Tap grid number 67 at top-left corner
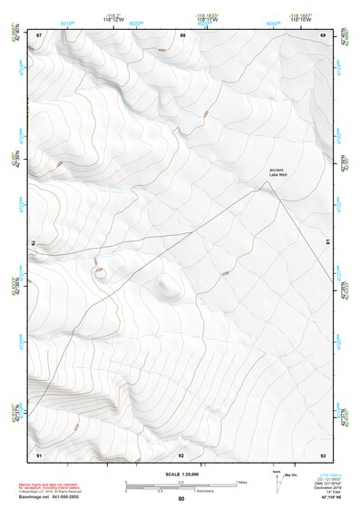39,34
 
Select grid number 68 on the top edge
182,34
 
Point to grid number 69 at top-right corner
323,34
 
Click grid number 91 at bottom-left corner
39,454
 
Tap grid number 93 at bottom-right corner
323,454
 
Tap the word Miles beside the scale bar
241,482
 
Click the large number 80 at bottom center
181,499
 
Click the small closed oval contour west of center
100,271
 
